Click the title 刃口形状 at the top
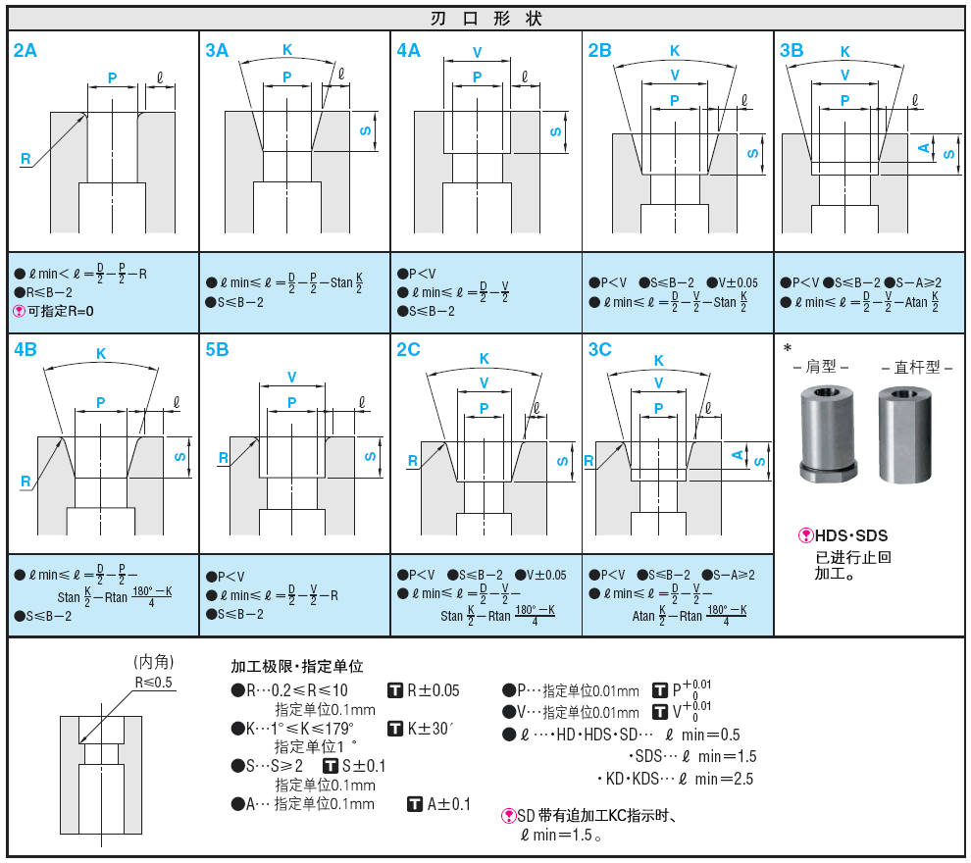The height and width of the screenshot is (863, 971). [485, 19]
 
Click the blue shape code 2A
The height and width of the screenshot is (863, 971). [26, 51]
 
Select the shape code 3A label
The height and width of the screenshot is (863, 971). [217, 51]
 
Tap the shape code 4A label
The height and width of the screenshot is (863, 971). [409, 51]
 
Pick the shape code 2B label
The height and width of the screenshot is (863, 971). [600, 51]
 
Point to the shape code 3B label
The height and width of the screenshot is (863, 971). [792, 51]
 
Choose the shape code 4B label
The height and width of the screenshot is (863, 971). [26, 350]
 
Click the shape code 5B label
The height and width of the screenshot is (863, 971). [217, 350]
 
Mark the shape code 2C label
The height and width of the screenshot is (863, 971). [409, 350]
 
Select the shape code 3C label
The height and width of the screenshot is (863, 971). [600, 350]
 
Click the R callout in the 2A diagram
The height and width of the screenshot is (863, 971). [26, 158]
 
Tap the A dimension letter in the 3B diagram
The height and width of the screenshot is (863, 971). [923, 148]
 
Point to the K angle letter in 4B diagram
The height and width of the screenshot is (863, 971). [101, 354]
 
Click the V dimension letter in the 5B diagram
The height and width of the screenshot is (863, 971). [292, 377]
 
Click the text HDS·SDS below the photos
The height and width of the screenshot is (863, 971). [850, 535]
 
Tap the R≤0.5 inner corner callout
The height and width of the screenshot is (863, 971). [154, 682]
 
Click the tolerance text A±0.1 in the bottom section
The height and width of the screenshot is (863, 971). [448, 804]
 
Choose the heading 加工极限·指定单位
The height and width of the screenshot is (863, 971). [296, 667]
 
